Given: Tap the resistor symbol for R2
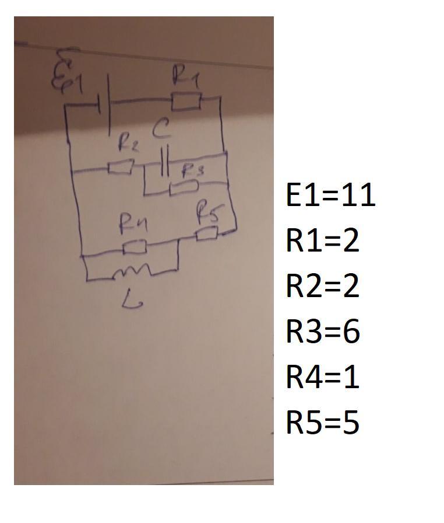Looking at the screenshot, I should pos(121,168).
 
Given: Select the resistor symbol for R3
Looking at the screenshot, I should pos(183,187).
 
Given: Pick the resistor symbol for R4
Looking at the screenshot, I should pos(135,248).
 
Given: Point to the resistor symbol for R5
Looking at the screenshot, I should pos(207,234).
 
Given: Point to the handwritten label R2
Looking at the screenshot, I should pos(128,143).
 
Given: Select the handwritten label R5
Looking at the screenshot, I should pos(207,213).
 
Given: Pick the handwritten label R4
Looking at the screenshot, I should pos(133,223).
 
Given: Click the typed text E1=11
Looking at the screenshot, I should pos(330,195).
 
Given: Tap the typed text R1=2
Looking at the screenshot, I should pos(322,240).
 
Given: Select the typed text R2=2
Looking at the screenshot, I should pos(322,286).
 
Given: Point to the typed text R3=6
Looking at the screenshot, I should pos(322,332).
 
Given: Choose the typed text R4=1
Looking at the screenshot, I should pos(322,377).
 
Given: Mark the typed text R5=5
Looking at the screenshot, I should pos(322,423).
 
